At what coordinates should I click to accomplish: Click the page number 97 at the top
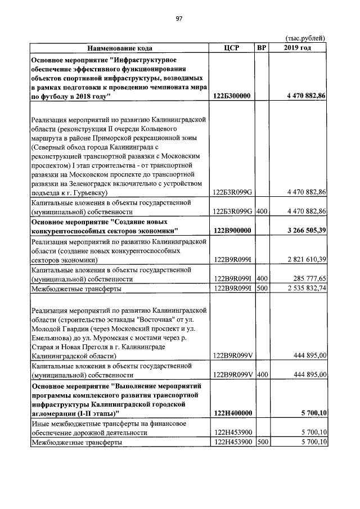pyautogui.click(x=179, y=19)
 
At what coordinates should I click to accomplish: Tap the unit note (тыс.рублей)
pyautogui.click(x=306, y=38)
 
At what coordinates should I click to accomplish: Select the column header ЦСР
pyautogui.click(x=231, y=48)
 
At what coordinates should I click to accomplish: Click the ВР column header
pyautogui.click(x=262, y=48)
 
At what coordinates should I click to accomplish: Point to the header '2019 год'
pyautogui.click(x=297, y=48)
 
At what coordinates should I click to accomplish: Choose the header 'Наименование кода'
pyautogui.click(x=119, y=48)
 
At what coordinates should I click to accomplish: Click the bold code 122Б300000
pyautogui.click(x=232, y=96)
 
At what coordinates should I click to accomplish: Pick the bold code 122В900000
pyautogui.click(x=232, y=231)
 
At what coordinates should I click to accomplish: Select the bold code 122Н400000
pyautogui.click(x=232, y=412)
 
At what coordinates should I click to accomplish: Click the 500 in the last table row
pyautogui.click(x=262, y=442)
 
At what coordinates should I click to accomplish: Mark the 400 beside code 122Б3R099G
pyautogui.click(x=262, y=211)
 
